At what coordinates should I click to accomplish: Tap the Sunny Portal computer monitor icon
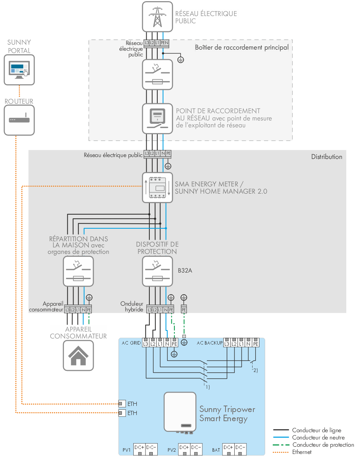pyautogui.click(x=19, y=69)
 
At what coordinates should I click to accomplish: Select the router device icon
pyautogui.click(x=19, y=120)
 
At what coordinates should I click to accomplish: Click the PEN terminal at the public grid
pyautogui.click(x=164, y=43)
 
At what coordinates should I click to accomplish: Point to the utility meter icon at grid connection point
pyautogui.click(x=157, y=118)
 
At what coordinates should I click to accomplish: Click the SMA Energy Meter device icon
pyautogui.click(x=157, y=187)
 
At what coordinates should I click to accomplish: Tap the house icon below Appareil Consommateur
pyautogui.click(x=78, y=355)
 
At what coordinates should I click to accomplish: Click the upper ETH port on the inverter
pyautogui.click(x=122, y=404)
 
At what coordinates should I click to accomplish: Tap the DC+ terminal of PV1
pyautogui.click(x=139, y=447)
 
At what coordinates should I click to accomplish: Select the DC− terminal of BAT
pyautogui.click(x=240, y=447)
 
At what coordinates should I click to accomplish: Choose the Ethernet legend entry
pyautogui.click(x=302, y=452)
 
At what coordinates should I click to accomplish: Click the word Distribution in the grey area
pyautogui.click(x=326, y=157)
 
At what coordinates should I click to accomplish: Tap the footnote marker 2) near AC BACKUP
pyautogui.click(x=254, y=370)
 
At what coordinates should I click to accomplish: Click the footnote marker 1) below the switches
pyautogui.click(x=207, y=387)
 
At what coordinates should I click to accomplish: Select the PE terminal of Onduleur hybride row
pyautogui.click(x=171, y=310)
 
